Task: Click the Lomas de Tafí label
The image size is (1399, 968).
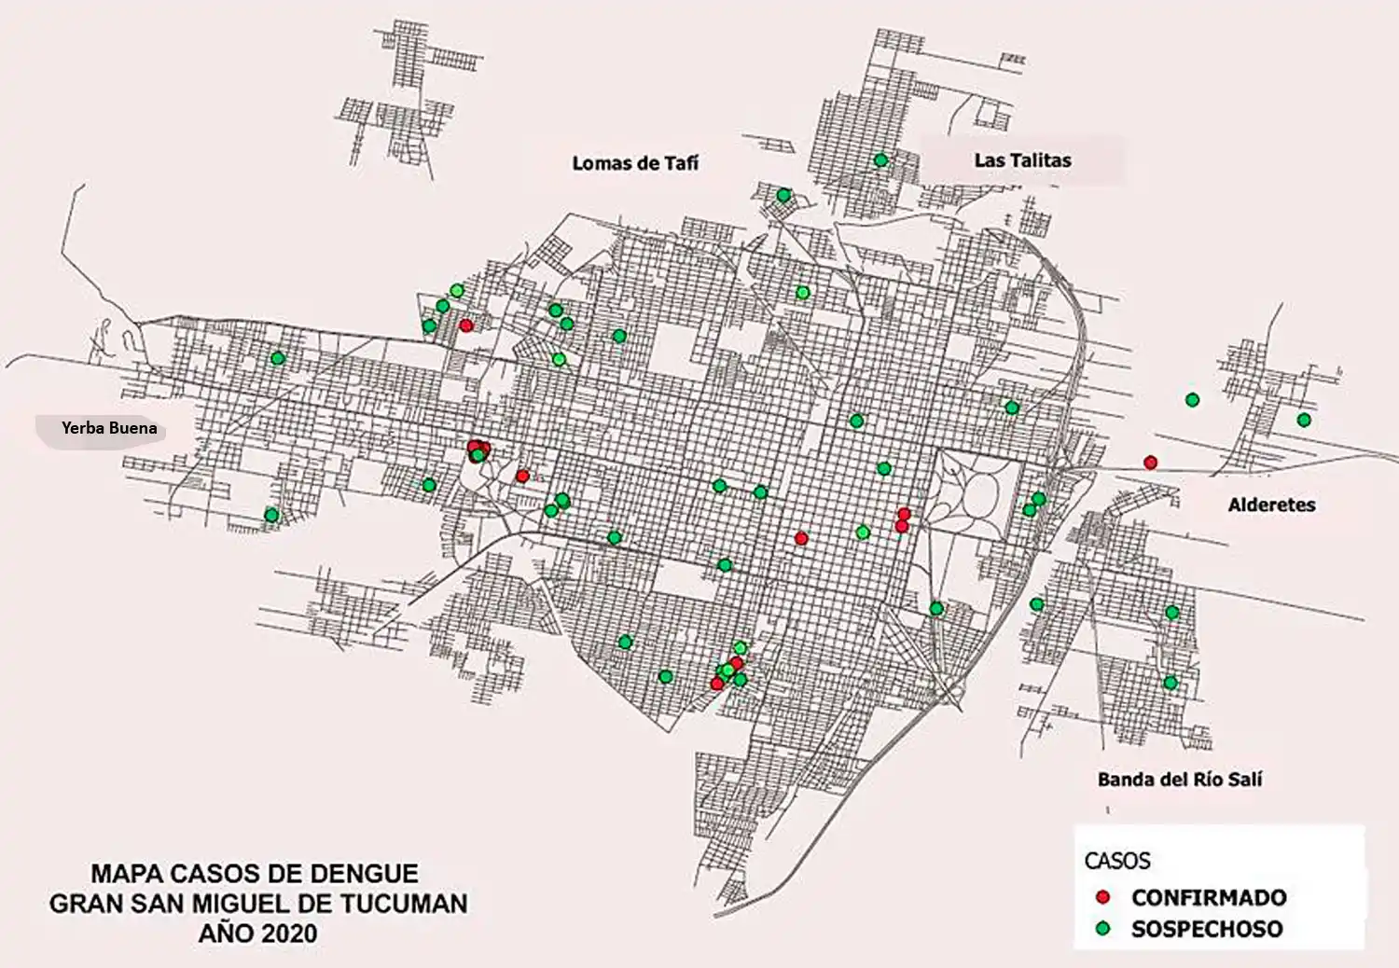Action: pos(635,163)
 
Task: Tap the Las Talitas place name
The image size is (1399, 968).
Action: pos(1022,160)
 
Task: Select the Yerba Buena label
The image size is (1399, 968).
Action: pos(109,428)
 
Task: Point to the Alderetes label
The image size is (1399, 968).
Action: pos(1271,505)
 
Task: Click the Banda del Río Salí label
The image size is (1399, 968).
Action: pos(1179,780)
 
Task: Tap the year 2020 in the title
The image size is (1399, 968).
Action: pos(289,933)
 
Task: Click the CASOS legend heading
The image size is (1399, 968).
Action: pos(1117,861)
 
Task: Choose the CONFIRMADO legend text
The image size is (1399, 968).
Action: pos(1209,898)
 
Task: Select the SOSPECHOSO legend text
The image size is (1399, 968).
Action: pos(1207,929)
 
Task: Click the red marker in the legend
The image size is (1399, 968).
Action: pos(1103,897)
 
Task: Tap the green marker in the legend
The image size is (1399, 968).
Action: pos(1103,929)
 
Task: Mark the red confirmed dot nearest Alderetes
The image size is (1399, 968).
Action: pos(1151,463)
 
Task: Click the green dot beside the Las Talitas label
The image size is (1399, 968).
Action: pos(880,160)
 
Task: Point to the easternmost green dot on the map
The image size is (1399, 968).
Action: pos(1304,421)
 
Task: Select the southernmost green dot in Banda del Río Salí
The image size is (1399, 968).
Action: pos(1170,683)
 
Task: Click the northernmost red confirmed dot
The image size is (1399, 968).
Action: pos(465,325)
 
